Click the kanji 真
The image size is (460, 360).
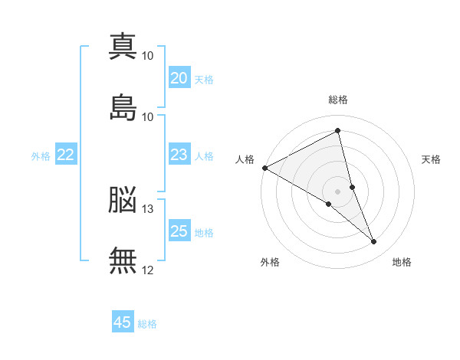[x=123, y=46]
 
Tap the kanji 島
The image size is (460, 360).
[x=123, y=108]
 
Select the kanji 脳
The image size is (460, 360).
[x=123, y=200]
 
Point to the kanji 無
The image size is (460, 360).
[x=123, y=261]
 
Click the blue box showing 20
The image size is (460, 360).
[x=179, y=78]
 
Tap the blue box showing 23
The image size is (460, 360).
[x=179, y=155]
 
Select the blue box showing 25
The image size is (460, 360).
[x=179, y=231]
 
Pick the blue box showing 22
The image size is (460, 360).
[x=65, y=155]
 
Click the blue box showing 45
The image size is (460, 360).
[x=123, y=322]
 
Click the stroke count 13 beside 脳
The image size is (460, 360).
[x=148, y=208]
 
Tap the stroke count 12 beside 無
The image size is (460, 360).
[x=148, y=270]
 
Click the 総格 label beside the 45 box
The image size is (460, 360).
[x=147, y=324]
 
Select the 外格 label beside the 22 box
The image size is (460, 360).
[x=41, y=156]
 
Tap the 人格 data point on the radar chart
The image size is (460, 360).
[x=264, y=168]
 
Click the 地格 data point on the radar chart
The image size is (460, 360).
[x=373, y=241]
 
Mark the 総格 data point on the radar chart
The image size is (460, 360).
[x=338, y=130]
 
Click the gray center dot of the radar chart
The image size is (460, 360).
[x=338, y=191]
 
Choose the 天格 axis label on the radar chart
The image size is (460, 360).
[x=431, y=159]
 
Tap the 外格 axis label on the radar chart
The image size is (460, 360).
[x=270, y=262]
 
